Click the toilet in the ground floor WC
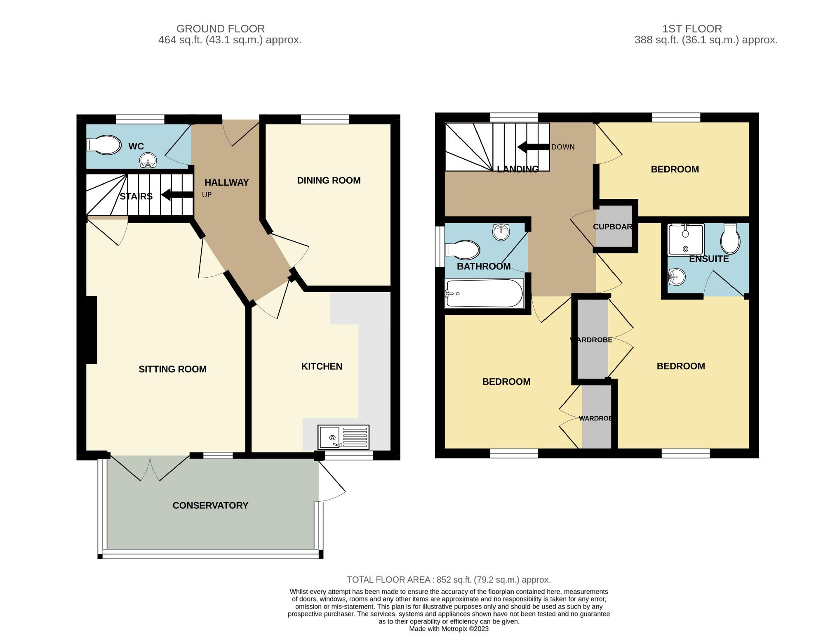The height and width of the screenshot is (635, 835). pyautogui.click(x=104, y=145)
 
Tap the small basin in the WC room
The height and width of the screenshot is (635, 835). pyautogui.click(x=148, y=161)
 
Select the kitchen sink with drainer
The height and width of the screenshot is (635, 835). pyautogui.click(x=343, y=437)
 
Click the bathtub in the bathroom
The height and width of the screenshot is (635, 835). pyautogui.click(x=484, y=293)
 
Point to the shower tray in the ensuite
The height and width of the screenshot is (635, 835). pyautogui.click(x=685, y=239)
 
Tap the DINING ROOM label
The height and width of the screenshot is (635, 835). pyautogui.click(x=329, y=180)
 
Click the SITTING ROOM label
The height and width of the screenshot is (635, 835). pyautogui.click(x=172, y=369)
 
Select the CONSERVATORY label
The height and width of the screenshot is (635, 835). pyautogui.click(x=210, y=505)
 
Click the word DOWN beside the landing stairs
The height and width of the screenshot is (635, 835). pyautogui.click(x=562, y=147)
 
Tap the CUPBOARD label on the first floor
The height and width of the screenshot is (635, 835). pyautogui.click(x=613, y=227)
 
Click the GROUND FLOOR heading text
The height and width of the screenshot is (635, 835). pyautogui.click(x=220, y=29)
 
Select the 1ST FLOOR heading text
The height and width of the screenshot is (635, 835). pyautogui.click(x=692, y=29)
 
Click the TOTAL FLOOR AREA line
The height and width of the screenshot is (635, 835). pyautogui.click(x=449, y=579)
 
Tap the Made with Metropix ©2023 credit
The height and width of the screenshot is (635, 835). pyautogui.click(x=449, y=629)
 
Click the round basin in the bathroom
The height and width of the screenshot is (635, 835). pyautogui.click(x=501, y=232)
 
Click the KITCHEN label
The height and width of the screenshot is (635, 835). pyautogui.click(x=322, y=366)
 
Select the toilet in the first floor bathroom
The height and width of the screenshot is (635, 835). pyautogui.click(x=462, y=250)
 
